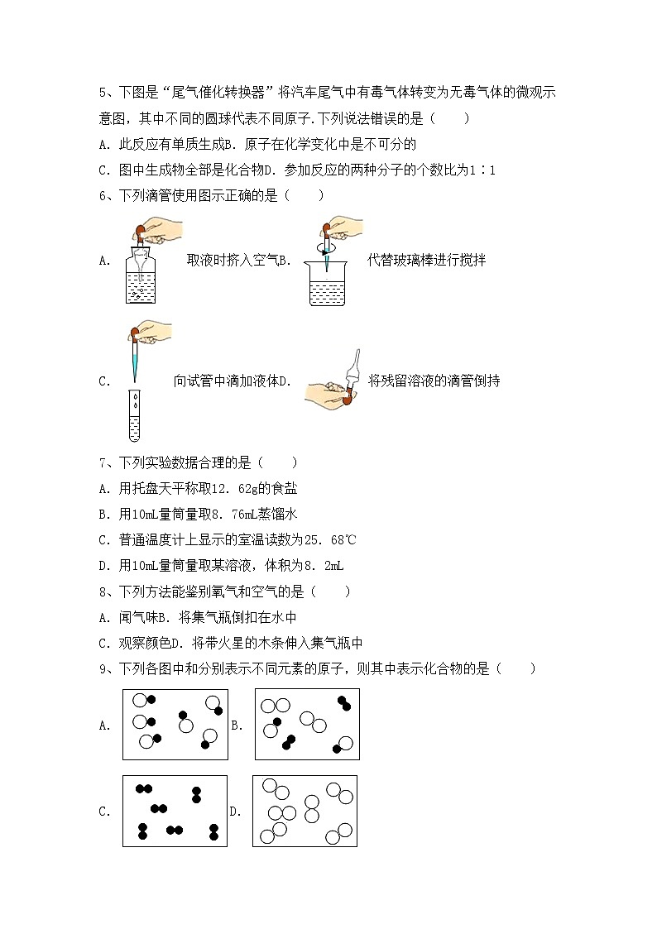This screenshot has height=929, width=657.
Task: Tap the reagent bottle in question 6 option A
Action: [x=141, y=278]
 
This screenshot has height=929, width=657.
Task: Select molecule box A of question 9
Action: [x=175, y=724]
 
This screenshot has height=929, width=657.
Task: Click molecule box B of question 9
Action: [x=307, y=724]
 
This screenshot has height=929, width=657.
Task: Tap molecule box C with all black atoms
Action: [x=175, y=811]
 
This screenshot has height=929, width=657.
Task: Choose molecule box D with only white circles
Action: [x=305, y=811]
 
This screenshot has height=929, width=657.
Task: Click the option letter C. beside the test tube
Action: [x=104, y=381]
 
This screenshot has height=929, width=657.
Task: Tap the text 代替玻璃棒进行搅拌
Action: [x=426, y=261]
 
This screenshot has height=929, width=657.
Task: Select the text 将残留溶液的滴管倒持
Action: [x=434, y=381]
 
